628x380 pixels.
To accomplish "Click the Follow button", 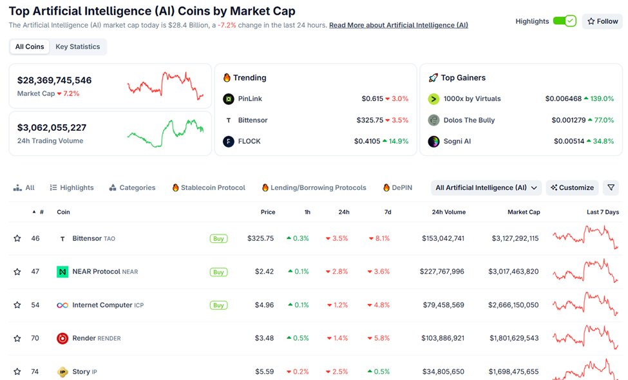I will (x=602, y=21).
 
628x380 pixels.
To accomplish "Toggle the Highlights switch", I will (x=564, y=21).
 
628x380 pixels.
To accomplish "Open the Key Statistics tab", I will (x=77, y=46).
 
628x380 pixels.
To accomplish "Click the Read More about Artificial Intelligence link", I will (x=398, y=25).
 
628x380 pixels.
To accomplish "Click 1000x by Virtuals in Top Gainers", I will (x=471, y=99).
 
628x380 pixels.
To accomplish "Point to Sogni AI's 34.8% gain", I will (x=598, y=141).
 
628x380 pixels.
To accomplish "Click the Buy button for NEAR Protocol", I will (x=218, y=272).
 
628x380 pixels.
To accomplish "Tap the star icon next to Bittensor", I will (x=17, y=238).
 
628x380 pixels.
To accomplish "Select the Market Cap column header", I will (x=523, y=212).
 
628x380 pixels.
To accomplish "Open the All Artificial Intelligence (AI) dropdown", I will (x=486, y=187).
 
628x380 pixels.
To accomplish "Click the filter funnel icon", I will (x=611, y=187).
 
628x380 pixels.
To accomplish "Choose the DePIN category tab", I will (x=397, y=187).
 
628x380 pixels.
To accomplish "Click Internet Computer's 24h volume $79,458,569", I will (x=443, y=305).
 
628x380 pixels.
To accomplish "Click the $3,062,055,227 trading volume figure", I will (x=52, y=128).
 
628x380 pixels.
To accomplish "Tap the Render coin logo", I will (x=62, y=338).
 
